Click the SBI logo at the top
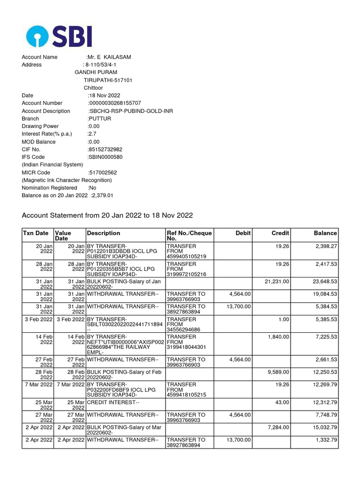point(59,36)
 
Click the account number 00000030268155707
point(114,103)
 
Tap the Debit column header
point(243,233)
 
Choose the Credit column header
point(280,233)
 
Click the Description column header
point(104,233)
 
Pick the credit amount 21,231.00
point(277,281)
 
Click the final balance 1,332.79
point(324,440)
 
